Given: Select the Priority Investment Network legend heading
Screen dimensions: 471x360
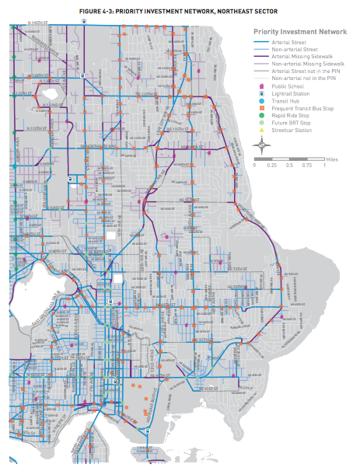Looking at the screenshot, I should pyautogui.click(x=300, y=31).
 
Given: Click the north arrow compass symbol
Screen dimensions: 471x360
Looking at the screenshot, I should pyautogui.click(x=264, y=145).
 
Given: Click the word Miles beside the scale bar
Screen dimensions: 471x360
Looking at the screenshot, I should pyautogui.click(x=334, y=157).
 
